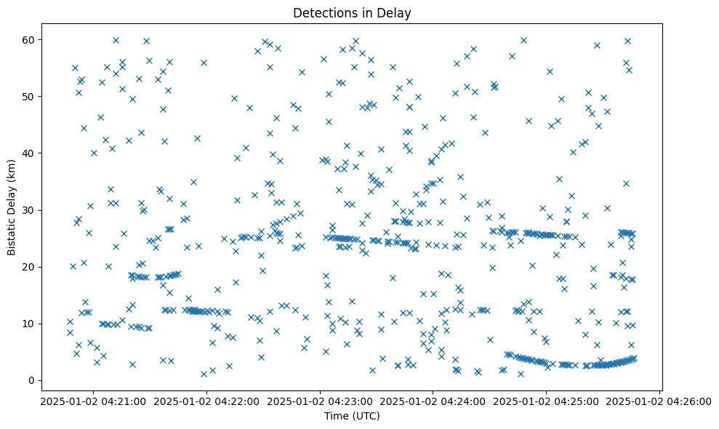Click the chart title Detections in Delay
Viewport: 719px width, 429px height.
(352, 13)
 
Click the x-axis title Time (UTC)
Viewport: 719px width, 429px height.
(352, 416)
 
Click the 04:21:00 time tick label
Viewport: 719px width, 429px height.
(93, 401)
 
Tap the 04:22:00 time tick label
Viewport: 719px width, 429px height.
(206, 401)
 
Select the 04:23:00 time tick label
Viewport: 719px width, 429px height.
(320, 401)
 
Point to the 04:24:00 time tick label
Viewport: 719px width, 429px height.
(433, 401)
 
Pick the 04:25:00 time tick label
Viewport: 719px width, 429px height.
(546, 401)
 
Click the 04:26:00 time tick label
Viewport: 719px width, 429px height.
(659, 401)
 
